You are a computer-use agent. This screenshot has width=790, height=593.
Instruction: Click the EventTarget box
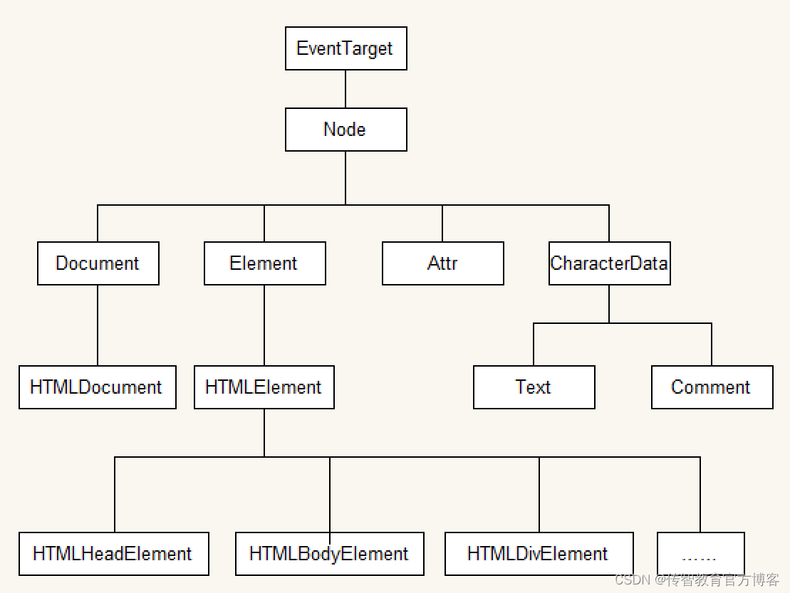tap(345, 48)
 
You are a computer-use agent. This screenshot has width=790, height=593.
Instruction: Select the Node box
tap(345, 130)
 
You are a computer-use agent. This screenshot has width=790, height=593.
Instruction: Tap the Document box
tap(98, 263)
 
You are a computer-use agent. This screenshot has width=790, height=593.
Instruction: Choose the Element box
tap(264, 263)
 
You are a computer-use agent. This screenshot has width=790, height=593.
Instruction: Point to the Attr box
tap(442, 263)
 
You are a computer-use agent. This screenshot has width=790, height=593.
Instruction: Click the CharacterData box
tap(609, 263)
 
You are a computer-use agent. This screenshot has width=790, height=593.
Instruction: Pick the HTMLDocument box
tap(98, 387)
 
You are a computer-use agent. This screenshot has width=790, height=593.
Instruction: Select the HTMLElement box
tap(264, 387)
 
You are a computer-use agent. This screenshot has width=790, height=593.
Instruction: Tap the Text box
tap(534, 387)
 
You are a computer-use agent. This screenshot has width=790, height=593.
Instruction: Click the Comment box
tap(712, 387)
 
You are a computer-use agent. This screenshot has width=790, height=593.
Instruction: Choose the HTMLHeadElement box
tap(113, 554)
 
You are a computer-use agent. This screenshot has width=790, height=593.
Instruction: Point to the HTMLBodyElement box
tap(330, 554)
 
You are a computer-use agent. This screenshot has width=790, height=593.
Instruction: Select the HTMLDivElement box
tap(539, 554)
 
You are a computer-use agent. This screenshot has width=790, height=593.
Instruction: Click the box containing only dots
tap(700, 554)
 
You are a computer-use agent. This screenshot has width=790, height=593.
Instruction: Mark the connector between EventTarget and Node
tap(345, 89)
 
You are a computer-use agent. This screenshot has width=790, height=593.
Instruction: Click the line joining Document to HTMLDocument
tap(98, 325)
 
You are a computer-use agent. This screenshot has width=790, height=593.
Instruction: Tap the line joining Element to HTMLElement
tap(264, 325)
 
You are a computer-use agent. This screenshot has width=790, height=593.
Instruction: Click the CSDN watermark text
tap(697, 580)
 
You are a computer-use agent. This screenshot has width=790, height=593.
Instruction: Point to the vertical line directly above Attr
tap(442, 224)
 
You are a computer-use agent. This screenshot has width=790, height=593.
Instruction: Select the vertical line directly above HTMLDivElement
tap(539, 494)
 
